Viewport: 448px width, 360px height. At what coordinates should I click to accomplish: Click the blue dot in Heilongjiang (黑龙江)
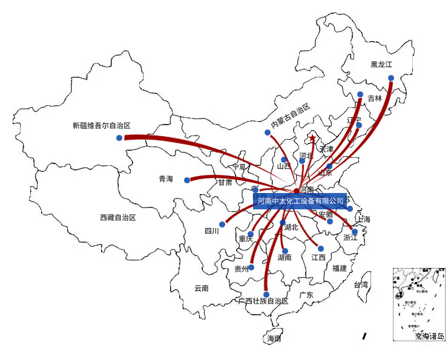pyautogui.click(x=391, y=78)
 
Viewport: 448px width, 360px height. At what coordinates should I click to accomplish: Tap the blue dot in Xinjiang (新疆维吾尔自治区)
pyautogui.click(x=119, y=138)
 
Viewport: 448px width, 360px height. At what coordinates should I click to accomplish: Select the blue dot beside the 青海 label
pyautogui.click(x=187, y=180)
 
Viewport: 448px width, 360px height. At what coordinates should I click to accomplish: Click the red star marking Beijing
pyautogui.click(x=312, y=139)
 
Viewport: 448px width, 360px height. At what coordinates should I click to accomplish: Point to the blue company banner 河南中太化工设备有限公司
pyautogui.click(x=300, y=200)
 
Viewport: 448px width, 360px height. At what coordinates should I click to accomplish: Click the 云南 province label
pyautogui.click(x=202, y=289)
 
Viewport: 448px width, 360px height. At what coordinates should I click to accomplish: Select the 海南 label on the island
pyautogui.click(x=274, y=339)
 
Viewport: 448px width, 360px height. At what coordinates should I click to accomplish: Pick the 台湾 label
pyautogui.click(x=361, y=284)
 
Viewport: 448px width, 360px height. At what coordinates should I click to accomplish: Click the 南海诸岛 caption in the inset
pyautogui.click(x=430, y=336)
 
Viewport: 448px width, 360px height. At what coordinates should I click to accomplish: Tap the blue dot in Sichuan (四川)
pyautogui.click(x=222, y=224)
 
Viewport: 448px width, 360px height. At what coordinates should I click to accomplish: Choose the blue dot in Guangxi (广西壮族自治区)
pyautogui.click(x=266, y=295)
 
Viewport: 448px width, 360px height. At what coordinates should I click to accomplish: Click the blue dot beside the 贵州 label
pyautogui.click(x=252, y=267)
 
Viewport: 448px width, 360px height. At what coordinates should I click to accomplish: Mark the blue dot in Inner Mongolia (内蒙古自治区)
pyautogui.click(x=267, y=133)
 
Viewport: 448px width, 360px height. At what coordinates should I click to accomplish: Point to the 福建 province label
pyautogui.click(x=340, y=268)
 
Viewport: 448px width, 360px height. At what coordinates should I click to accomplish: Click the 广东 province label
pyautogui.click(x=306, y=295)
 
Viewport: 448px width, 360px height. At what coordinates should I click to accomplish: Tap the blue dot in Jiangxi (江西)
pyautogui.click(x=321, y=248)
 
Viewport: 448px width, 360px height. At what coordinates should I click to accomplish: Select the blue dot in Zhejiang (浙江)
pyautogui.click(x=355, y=232)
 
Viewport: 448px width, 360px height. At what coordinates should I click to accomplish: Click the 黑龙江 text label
pyautogui.click(x=382, y=64)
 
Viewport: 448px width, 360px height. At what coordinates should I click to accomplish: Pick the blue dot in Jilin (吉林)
pyautogui.click(x=360, y=94)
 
